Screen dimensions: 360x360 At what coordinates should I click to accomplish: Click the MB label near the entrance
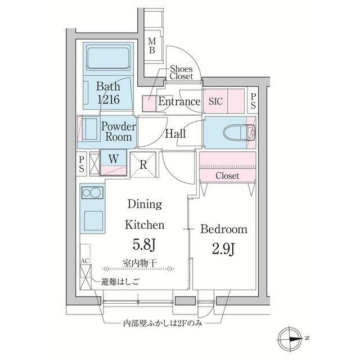pyautogui.click(x=152, y=46)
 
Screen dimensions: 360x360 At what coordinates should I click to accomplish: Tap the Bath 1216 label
pyautogui.click(x=107, y=92)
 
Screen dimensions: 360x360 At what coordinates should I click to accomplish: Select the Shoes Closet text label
pyautogui.click(x=181, y=71)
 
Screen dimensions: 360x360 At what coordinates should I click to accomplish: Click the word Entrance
pyautogui.click(x=179, y=102)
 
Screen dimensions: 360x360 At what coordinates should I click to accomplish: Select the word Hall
pyautogui.click(x=175, y=134)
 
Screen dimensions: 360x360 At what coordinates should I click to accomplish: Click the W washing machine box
pyautogui.click(x=113, y=163)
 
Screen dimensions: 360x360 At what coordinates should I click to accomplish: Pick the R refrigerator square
pyautogui.click(x=143, y=165)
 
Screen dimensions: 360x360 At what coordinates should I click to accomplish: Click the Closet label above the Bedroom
pyautogui.click(x=227, y=176)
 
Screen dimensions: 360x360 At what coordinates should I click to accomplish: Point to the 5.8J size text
pyautogui.click(x=144, y=246)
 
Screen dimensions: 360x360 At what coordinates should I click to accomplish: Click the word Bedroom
pyautogui.click(x=224, y=229)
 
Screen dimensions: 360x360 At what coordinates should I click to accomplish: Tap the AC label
pyautogui.click(x=85, y=262)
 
